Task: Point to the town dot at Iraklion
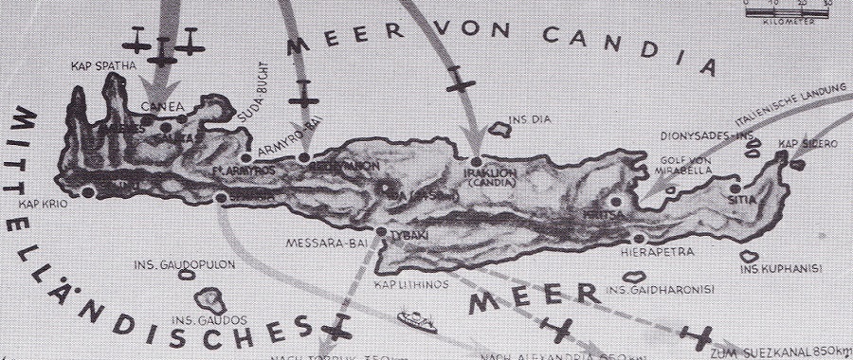coord(475,162)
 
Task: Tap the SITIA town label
coord(741,201)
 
